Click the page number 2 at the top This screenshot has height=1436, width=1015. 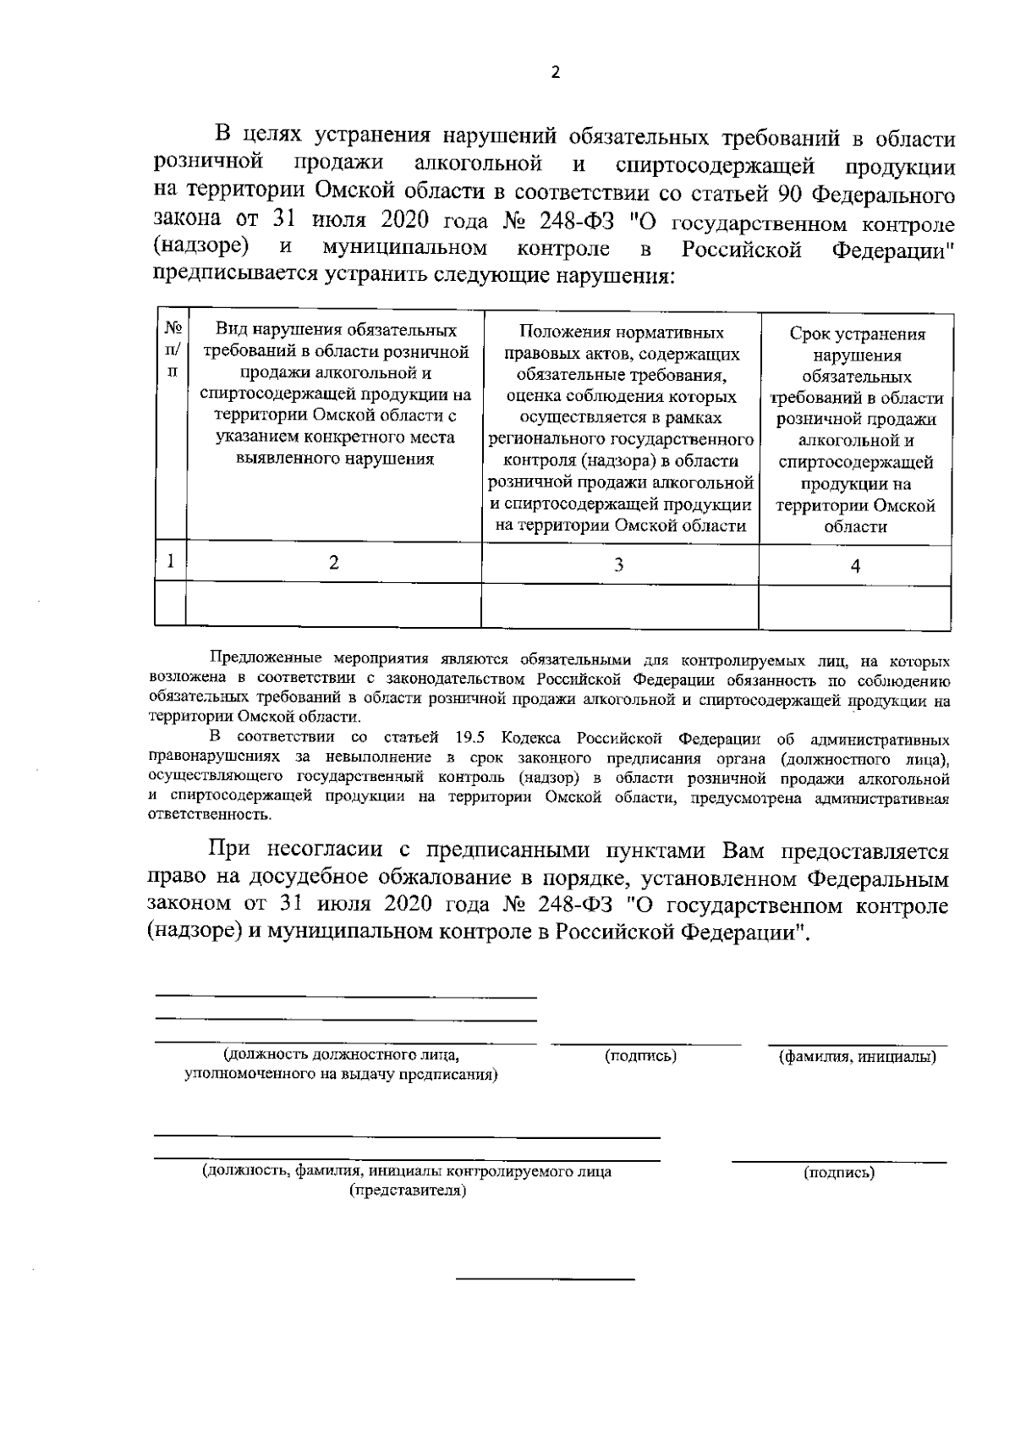coord(556,73)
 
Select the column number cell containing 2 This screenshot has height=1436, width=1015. coord(334,563)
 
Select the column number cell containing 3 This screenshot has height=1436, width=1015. coord(619,564)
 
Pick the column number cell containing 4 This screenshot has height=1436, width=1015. coord(855,566)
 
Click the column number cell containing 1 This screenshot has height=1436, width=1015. coord(172,560)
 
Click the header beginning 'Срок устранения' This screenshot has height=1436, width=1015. coord(857,430)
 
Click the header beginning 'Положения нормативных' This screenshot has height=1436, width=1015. coord(621,428)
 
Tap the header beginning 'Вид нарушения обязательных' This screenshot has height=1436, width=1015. coord(335,395)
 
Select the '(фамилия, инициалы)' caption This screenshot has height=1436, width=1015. coord(857,1057)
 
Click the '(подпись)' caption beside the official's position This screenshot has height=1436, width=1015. coord(640,1056)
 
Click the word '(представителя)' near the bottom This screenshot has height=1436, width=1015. coord(408,1191)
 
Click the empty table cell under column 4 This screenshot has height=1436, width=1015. coord(855,606)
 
